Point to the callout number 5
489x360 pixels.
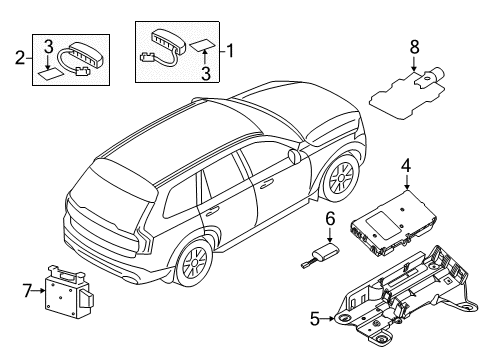315,319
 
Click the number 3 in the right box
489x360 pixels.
205,71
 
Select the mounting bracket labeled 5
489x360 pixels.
400,300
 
